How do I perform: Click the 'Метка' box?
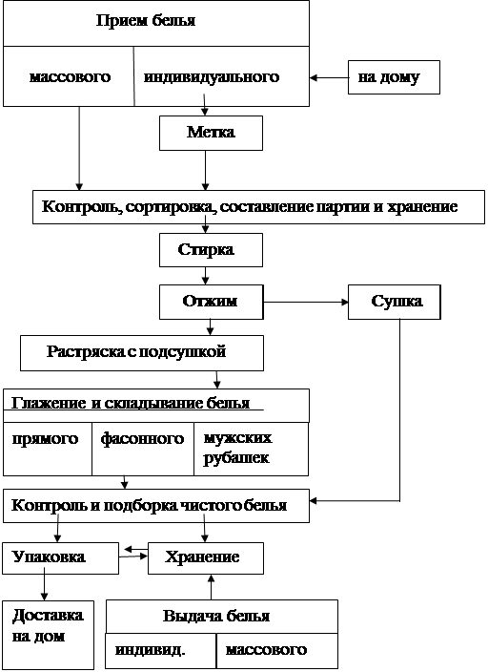(211, 133)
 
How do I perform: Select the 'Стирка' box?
(211, 250)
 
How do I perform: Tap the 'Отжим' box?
(211, 302)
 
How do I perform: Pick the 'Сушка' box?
(395, 302)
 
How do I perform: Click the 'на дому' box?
(394, 77)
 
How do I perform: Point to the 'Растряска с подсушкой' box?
(142, 353)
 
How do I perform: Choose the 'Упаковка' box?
(60, 558)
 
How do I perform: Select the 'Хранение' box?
(206, 558)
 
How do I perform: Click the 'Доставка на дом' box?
(48, 635)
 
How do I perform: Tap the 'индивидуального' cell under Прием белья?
(222, 76)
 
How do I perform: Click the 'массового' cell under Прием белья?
(69, 76)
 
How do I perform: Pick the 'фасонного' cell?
(143, 449)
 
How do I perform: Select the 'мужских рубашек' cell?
(252, 449)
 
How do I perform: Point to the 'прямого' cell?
(48, 449)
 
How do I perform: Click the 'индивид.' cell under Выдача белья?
(160, 651)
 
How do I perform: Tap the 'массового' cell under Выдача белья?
(277, 651)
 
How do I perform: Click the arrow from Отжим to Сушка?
(306, 303)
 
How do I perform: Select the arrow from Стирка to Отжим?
(206, 276)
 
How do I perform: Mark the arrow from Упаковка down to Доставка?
(44, 587)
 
